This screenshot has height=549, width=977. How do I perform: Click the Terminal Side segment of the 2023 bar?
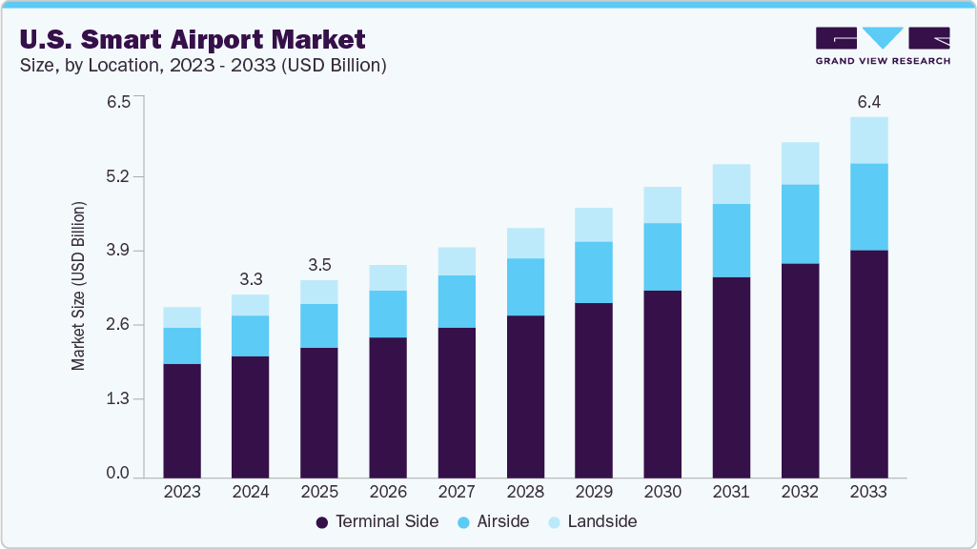[182, 419]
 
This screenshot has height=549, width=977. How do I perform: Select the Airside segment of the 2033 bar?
[868, 207]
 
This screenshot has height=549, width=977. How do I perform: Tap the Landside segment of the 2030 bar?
[662, 205]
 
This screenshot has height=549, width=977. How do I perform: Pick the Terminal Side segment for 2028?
[525, 396]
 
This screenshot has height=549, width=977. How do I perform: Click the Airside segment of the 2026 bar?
[388, 314]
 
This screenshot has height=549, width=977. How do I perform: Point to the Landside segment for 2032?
[800, 163]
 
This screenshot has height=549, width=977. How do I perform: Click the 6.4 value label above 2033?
[868, 101]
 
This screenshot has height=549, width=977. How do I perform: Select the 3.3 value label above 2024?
[251, 279]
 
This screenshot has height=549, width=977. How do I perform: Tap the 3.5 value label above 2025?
[319, 265]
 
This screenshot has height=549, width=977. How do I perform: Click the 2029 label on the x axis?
[594, 493]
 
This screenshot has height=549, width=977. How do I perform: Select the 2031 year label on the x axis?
[731, 493]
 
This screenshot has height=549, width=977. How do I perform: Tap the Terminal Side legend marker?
[322, 522]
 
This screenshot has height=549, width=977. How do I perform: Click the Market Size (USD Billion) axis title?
[79, 286]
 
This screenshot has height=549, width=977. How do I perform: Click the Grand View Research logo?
[882, 46]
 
